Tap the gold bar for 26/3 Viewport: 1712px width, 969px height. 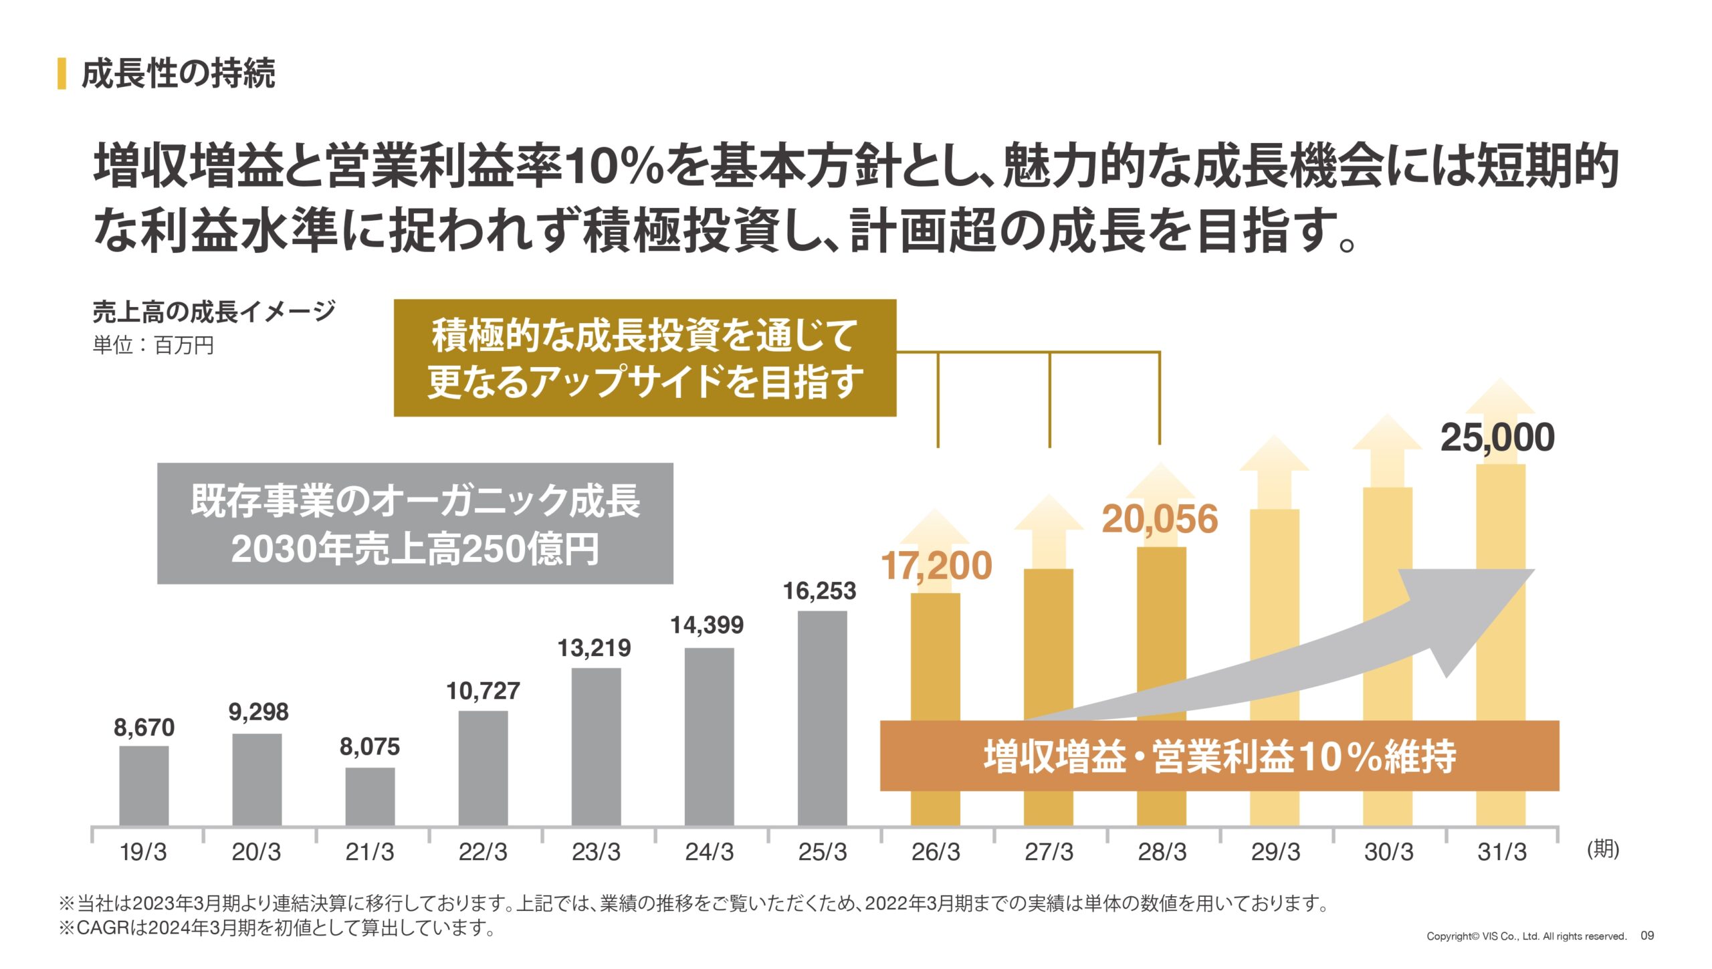click(x=935, y=659)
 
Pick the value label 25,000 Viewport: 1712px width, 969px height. click(x=1497, y=438)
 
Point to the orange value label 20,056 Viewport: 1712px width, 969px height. click(x=1160, y=520)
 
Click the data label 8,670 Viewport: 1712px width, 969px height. click(x=144, y=728)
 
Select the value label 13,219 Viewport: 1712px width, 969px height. click(x=594, y=648)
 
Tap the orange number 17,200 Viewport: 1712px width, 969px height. click(x=936, y=566)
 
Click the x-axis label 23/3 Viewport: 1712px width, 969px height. click(x=596, y=852)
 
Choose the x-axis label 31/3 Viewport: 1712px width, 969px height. click(x=1501, y=852)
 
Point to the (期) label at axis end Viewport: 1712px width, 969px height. click(x=1603, y=849)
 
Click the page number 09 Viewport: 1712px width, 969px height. click(x=1647, y=936)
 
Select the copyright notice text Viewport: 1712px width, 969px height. click(x=1526, y=936)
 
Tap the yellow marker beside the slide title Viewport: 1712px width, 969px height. click(x=62, y=74)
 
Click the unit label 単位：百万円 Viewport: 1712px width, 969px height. click(x=153, y=346)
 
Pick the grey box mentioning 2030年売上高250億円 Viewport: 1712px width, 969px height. click(x=415, y=524)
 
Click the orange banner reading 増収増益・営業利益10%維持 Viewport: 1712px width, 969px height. click(x=1219, y=756)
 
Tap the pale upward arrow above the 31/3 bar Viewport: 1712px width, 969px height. click(x=1500, y=401)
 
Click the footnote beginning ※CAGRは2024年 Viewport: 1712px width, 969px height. click(x=277, y=928)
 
